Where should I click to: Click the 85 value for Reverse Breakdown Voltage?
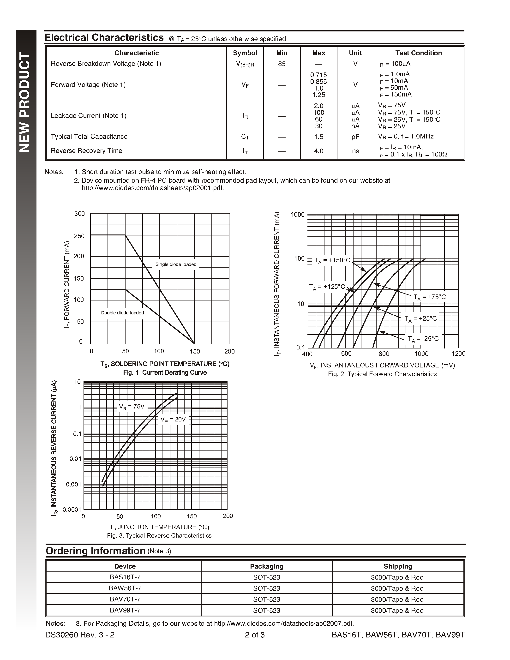click(x=282, y=64)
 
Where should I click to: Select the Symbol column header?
click(x=245, y=53)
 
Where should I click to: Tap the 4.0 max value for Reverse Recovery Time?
click(x=318, y=151)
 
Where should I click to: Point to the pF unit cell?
click(x=355, y=137)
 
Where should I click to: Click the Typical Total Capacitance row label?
click(x=89, y=137)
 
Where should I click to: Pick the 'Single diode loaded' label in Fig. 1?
click(x=176, y=264)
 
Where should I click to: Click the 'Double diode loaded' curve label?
click(x=122, y=313)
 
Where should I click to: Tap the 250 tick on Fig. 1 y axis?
click(x=79, y=236)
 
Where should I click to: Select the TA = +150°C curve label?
click(x=332, y=260)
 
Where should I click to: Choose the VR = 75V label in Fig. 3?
click(x=132, y=407)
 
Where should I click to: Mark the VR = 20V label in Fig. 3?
click(x=173, y=420)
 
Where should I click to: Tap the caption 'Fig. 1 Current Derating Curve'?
click(x=165, y=373)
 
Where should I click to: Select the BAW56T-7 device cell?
click(x=125, y=588)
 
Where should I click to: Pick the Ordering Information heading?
click(x=96, y=551)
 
